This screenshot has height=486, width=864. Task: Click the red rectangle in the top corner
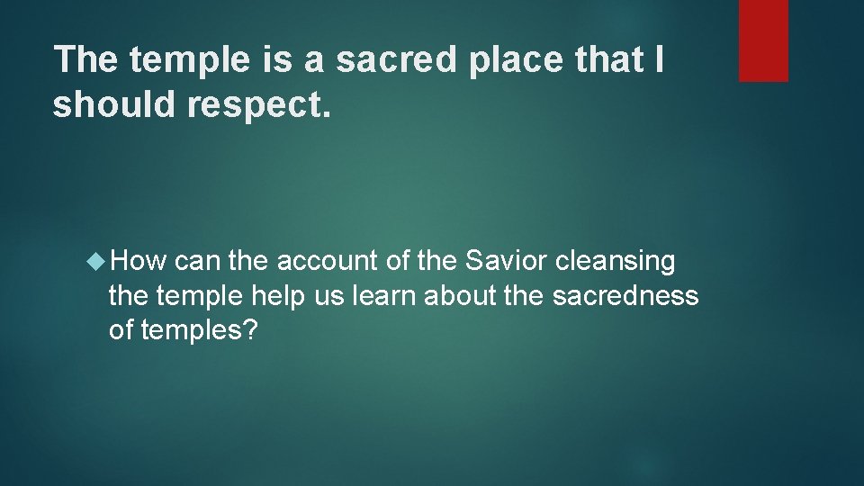(763, 40)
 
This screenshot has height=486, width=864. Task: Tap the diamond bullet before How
(97, 262)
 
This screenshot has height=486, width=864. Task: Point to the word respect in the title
(260, 104)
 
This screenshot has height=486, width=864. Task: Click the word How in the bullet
(140, 262)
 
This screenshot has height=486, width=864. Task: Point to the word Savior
(508, 262)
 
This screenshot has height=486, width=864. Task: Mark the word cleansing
(616, 262)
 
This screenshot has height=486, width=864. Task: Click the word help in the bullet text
(278, 296)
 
